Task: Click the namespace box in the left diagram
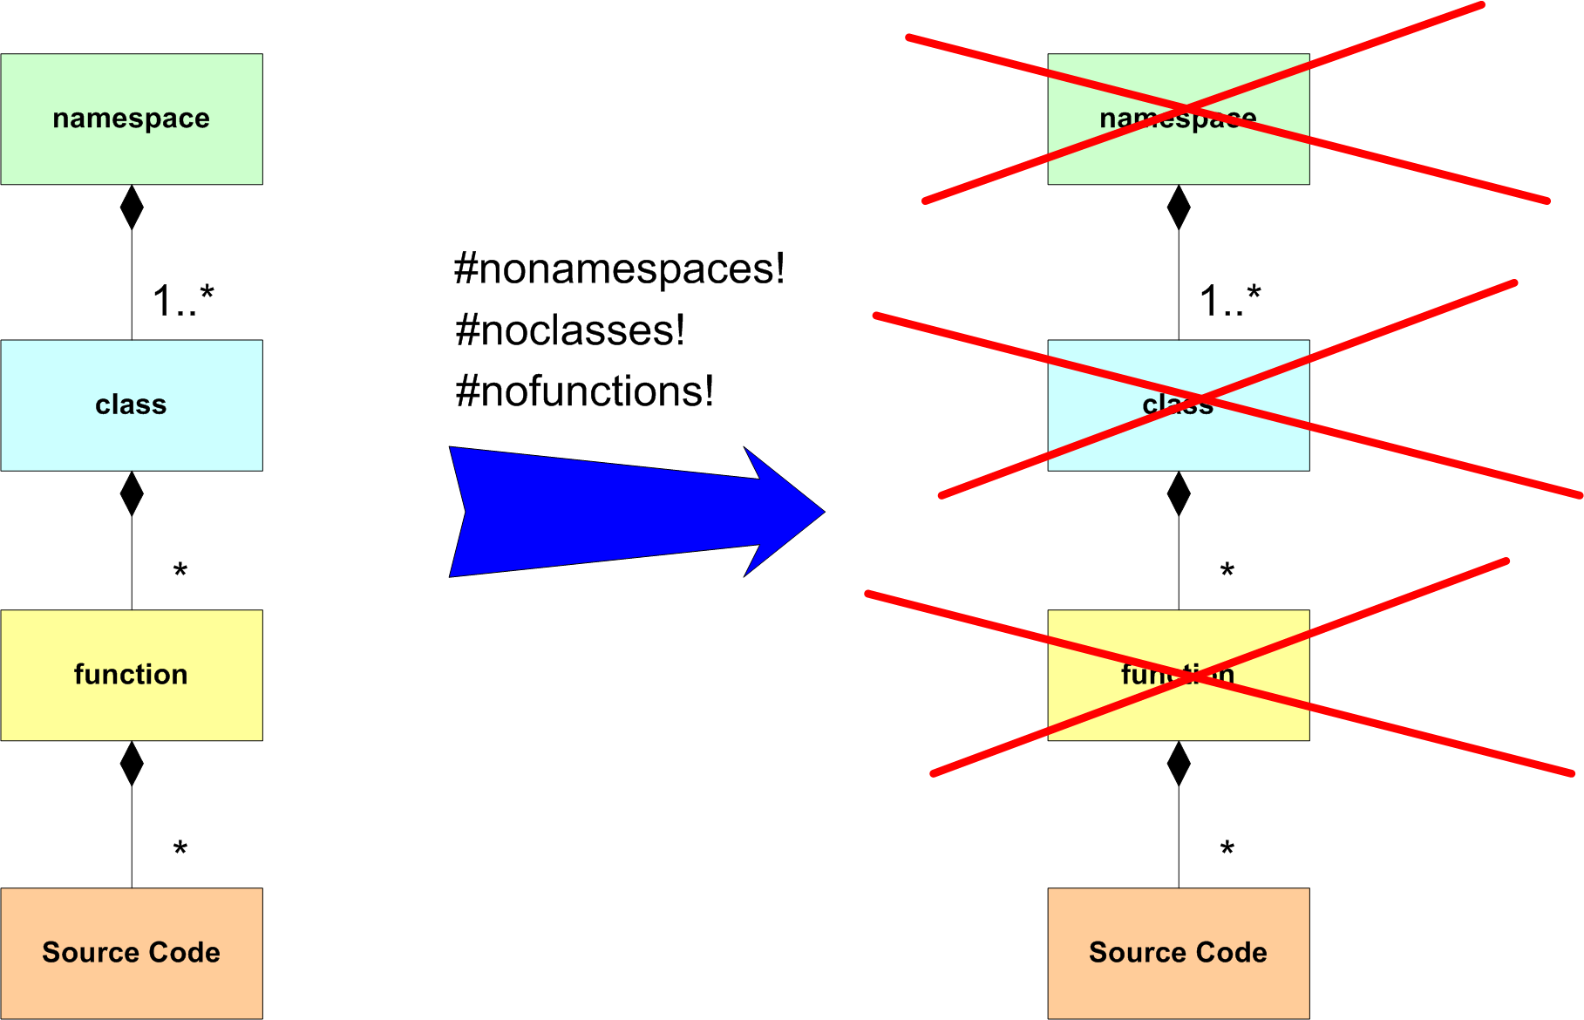coord(132,119)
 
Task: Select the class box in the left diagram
coord(132,405)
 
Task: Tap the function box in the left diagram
coord(132,675)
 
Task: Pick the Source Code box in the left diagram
coord(132,953)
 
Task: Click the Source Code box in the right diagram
coord(1178,953)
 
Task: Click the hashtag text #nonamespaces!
coord(619,269)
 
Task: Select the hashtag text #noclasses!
coord(570,330)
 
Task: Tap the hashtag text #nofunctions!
coord(584,391)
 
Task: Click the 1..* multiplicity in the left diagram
coord(183,301)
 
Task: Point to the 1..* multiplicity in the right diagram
coord(1230,301)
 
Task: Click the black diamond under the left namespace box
coord(132,207)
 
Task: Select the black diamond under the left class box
coord(132,494)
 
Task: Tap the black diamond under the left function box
coord(132,764)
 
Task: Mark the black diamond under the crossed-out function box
coord(1179,764)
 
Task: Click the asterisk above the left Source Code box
coord(180,848)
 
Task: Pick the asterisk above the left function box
coord(180,571)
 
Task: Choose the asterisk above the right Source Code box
coord(1227,848)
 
